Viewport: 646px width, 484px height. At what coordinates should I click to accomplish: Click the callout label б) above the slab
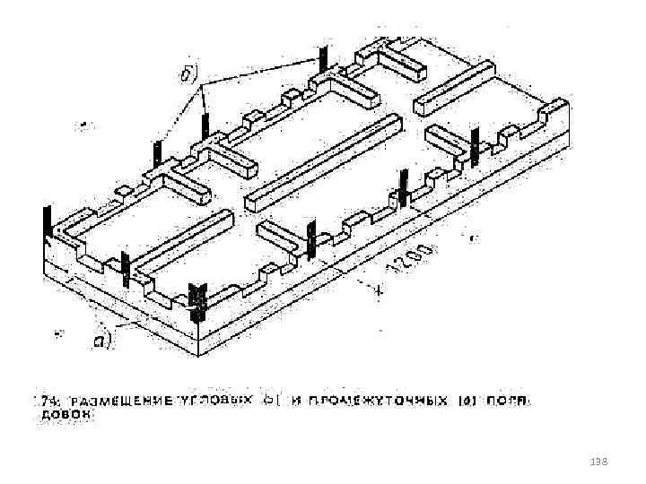[191, 73]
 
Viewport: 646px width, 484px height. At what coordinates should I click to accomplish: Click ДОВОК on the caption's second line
[65, 417]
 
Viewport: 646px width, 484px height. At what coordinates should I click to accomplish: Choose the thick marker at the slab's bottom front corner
[198, 301]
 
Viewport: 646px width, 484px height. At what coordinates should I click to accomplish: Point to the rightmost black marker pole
[475, 144]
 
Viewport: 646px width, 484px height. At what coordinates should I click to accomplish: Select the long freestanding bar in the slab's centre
[322, 160]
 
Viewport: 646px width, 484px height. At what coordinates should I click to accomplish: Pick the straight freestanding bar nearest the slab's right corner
[453, 88]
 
